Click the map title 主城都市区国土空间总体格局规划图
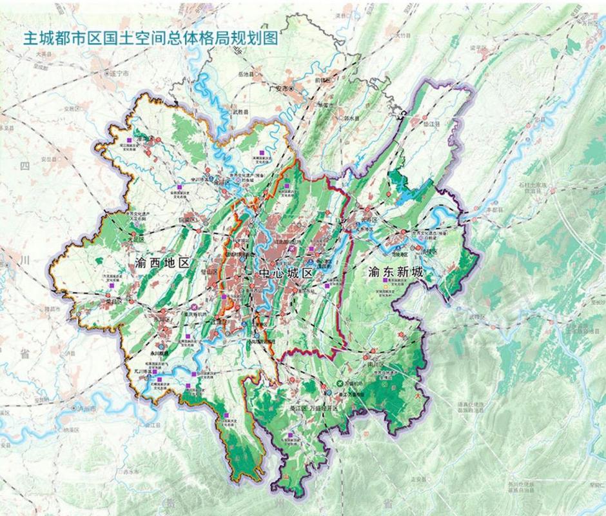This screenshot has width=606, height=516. coord(150,38)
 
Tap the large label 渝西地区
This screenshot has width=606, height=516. coord(164,263)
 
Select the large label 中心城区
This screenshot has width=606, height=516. coord(286,273)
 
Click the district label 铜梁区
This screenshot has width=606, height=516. coord(187,219)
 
